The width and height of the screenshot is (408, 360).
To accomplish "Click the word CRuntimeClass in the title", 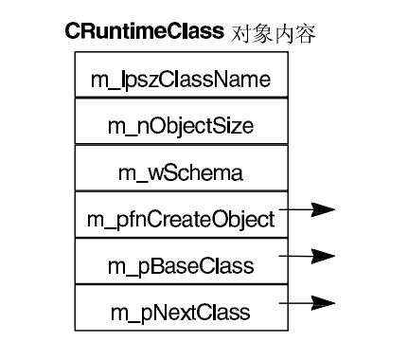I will tap(146, 31).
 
